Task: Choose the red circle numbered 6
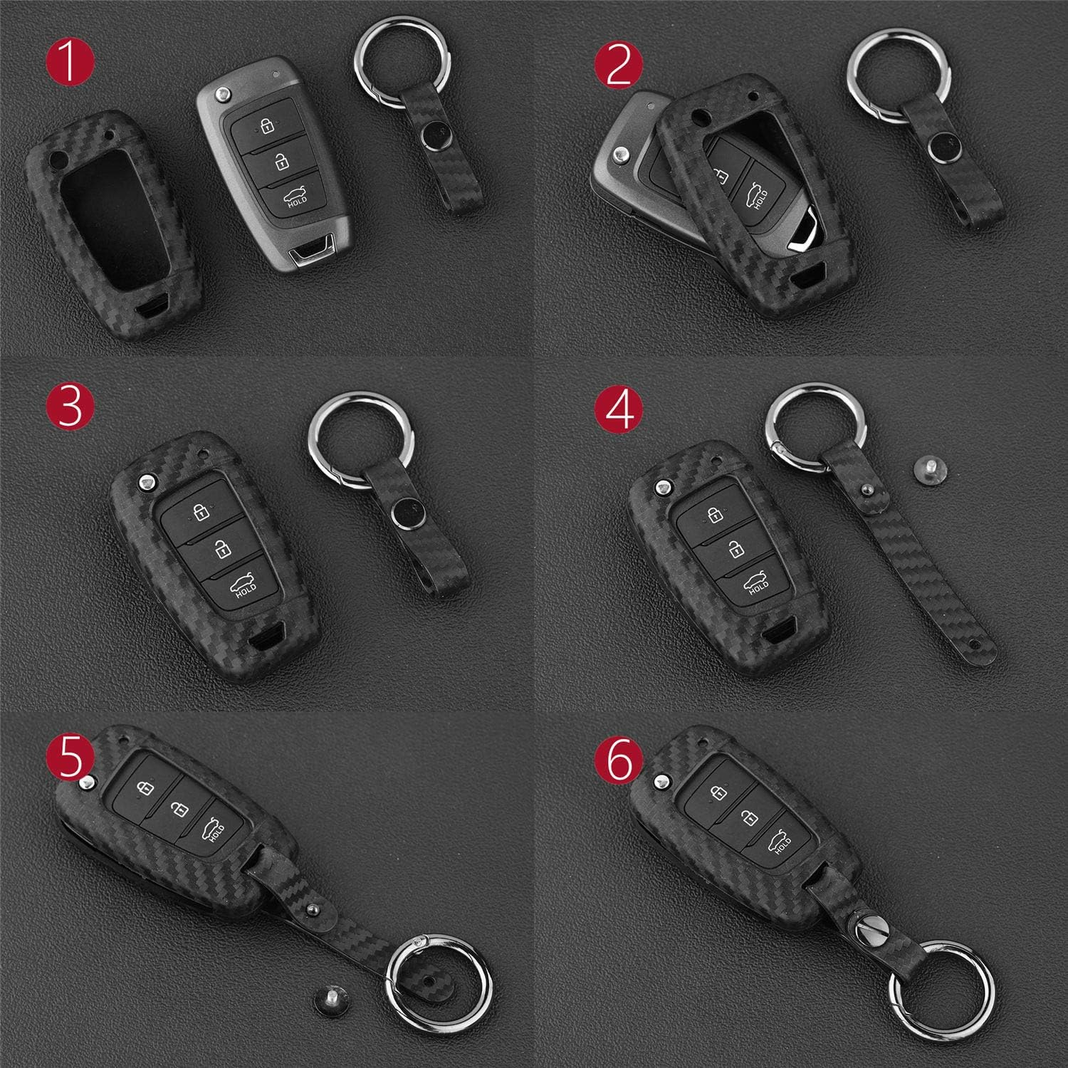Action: tap(619, 760)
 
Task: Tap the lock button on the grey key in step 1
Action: tap(265, 125)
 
